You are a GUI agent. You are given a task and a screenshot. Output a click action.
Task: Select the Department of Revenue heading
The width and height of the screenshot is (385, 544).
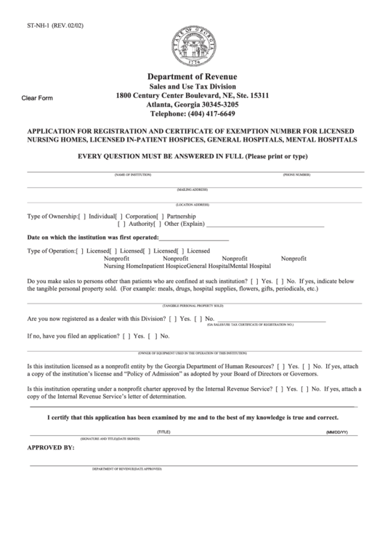click(192, 77)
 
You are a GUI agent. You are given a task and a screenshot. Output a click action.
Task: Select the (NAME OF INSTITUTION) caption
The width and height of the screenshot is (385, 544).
click(132, 176)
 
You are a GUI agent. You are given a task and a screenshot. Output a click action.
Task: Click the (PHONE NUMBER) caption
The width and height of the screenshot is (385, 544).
click(296, 176)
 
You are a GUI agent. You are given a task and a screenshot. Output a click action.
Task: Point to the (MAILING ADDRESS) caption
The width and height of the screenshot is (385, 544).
click(193, 190)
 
